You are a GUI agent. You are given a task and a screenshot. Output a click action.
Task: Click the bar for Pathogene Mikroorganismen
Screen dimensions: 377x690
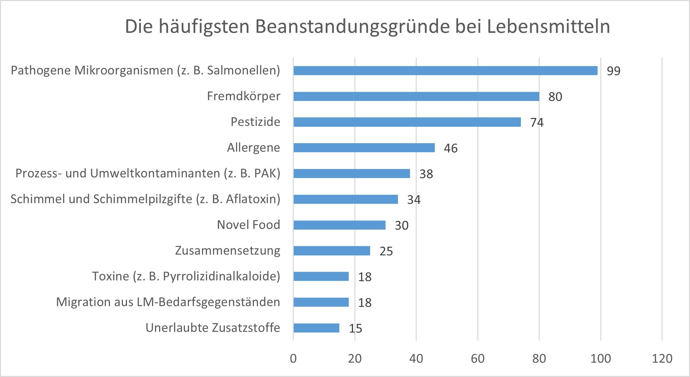tap(445, 70)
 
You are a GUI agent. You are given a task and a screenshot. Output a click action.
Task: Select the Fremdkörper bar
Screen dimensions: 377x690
tap(416, 96)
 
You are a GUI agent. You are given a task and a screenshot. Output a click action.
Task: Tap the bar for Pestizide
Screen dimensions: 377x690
tap(407, 122)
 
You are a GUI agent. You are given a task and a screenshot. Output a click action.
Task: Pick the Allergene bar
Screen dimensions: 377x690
tap(364, 148)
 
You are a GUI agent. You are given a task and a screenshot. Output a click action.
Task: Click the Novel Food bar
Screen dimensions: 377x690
tap(339, 225)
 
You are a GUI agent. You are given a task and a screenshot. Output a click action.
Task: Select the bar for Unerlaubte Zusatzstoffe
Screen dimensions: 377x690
tap(316, 328)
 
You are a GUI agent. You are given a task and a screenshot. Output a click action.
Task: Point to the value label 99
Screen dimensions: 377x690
tap(614, 71)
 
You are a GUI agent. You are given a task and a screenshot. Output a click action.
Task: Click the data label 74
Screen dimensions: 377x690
tap(537, 123)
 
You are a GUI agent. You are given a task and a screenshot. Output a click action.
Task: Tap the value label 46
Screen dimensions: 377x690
tap(451, 148)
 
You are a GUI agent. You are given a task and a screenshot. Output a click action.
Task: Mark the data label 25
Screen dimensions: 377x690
tap(386, 251)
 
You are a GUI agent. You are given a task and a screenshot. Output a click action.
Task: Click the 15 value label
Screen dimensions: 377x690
tap(355, 329)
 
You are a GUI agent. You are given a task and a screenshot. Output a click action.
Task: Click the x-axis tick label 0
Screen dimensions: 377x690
tap(293, 359)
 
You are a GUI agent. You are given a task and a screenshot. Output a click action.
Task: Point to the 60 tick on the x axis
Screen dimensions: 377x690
tap(478, 359)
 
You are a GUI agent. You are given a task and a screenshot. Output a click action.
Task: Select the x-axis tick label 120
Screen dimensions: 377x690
tap(662, 359)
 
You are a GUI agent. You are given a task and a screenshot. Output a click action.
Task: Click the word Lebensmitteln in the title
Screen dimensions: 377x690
tap(548, 27)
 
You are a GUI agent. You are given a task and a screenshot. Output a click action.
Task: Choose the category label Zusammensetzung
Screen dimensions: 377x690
tap(227, 251)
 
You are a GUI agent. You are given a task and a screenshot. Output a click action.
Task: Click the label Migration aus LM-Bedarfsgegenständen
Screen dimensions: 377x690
tap(168, 302)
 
